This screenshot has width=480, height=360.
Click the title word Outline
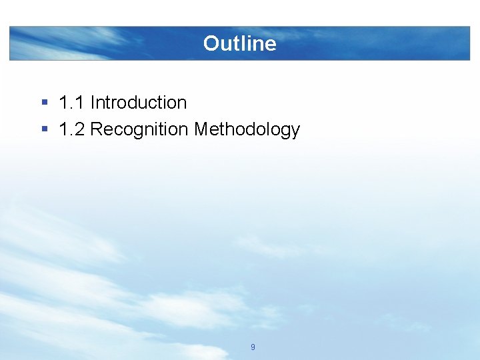pyautogui.click(x=239, y=43)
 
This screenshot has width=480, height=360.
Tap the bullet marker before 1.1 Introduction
pyautogui.click(x=44, y=103)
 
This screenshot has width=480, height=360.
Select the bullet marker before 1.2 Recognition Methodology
pyautogui.click(x=44, y=129)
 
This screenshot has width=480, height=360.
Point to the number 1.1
pyautogui.click(x=71, y=103)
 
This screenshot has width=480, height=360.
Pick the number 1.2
pyautogui.click(x=71, y=129)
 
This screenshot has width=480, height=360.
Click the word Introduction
pyautogui.click(x=139, y=103)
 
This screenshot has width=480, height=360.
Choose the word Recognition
pyautogui.click(x=139, y=129)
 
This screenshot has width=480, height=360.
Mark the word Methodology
pyautogui.click(x=247, y=129)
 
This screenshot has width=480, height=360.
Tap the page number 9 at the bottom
pyautogui.click(x=253, y=347)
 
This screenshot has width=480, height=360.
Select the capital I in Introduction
pyautogui.click(x=93, y=103)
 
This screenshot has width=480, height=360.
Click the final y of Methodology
pyautogui.click(x=295, y=131)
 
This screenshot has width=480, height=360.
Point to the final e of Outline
pyautogui.click(x=270, y=44)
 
